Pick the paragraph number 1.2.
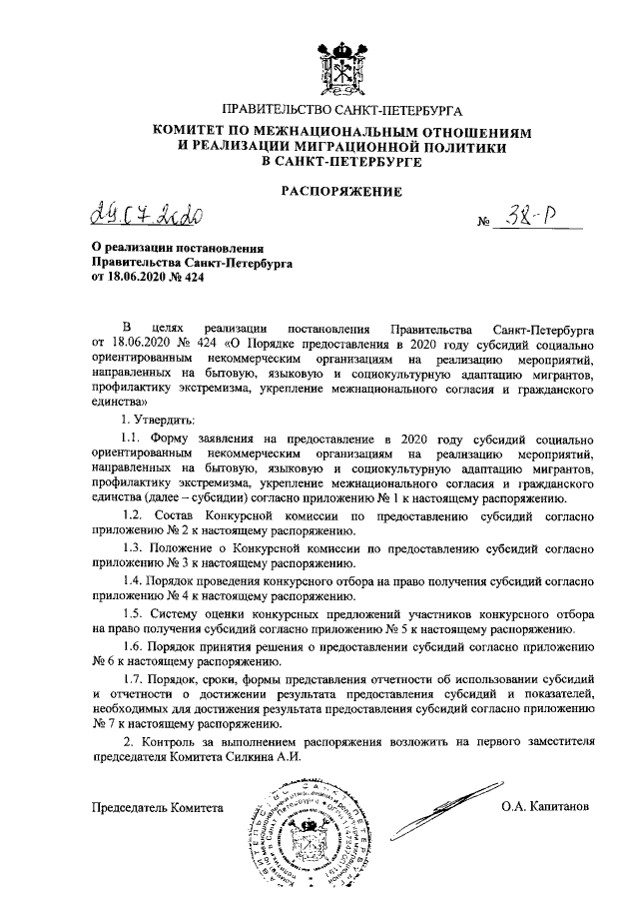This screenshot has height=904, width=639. [x=133, y=513]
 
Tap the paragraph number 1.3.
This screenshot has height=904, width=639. [x=133, y=551]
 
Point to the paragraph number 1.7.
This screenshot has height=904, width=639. [x=133, y=683]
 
